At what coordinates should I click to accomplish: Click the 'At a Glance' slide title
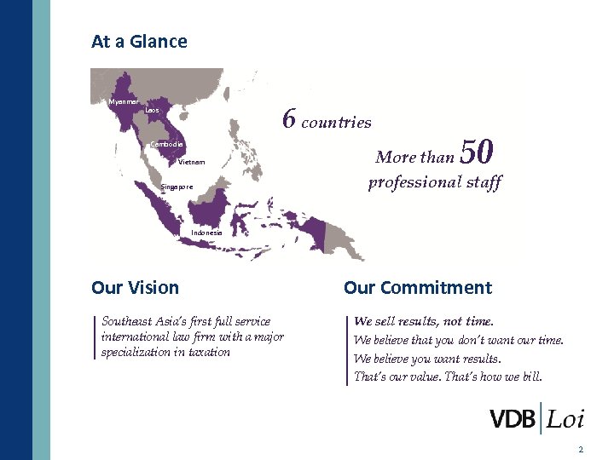click(139, 41)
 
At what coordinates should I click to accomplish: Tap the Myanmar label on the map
click(124, 101)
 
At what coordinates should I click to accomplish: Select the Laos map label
click(152, 110)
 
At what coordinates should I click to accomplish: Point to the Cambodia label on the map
click(167, 144)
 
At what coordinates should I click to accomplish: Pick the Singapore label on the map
click(177, 187)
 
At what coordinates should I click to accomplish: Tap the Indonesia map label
click(206, 232)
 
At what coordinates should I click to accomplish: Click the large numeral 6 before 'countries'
click(289, 120)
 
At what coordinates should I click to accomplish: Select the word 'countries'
click(337, 122)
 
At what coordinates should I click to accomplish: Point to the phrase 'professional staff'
click(435, 182)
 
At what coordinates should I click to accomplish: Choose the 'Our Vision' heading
click(135, 288)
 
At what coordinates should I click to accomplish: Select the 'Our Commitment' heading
click(418, 288)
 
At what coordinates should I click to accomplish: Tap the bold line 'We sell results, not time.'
click(424, 321)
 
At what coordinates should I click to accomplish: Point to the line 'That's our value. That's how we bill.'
click(447, 376)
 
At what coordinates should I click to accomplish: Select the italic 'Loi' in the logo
click(565, 419)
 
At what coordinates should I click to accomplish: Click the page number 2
click(580, 449)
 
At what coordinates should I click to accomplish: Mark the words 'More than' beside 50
click(415, 157)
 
